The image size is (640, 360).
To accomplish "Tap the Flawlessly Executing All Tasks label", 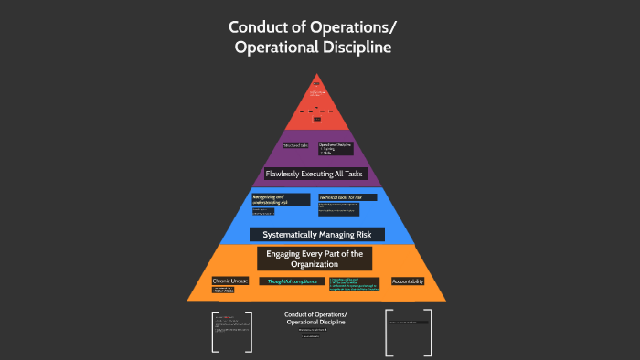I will tap(315, 173).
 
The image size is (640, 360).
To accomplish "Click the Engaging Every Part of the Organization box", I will tap(315, 259).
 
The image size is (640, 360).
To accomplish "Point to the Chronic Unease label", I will tap(229, 281).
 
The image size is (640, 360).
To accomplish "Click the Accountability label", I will tap(408, 281).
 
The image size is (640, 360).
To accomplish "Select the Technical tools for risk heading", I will tap(341, 197).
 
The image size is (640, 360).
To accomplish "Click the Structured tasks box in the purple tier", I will tap(295, 145).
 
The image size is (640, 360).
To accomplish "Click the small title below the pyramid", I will tap(315, 319).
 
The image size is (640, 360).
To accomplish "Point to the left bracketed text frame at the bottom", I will tap(230, 333).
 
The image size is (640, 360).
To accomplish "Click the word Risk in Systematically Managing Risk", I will tap(369, 235).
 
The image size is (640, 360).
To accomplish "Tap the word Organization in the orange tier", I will tap(315, 264).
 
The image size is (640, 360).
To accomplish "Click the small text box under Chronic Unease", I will tap(225, 291).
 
